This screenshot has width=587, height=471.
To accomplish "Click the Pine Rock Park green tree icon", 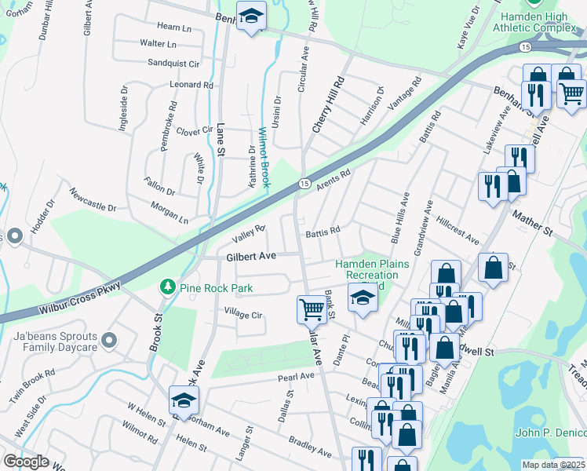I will point(166,288).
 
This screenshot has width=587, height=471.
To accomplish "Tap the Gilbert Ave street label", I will point(251,257).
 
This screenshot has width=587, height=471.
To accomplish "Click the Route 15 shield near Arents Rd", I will point(303,183).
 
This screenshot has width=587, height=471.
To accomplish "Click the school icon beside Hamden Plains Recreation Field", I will point(362,298).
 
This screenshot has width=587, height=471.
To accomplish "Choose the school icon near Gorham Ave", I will point(184,400).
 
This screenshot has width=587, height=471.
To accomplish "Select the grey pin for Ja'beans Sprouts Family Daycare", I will point(109,341).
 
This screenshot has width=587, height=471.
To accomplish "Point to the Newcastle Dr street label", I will point(92,199).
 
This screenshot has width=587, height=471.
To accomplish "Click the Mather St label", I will point(532,221).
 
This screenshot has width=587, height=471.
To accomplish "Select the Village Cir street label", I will point(243,315).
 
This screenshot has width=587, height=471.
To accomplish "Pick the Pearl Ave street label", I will point(296,378).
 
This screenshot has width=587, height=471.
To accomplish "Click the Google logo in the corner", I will point(27,462).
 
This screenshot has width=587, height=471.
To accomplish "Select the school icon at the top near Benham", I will point(251,16).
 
